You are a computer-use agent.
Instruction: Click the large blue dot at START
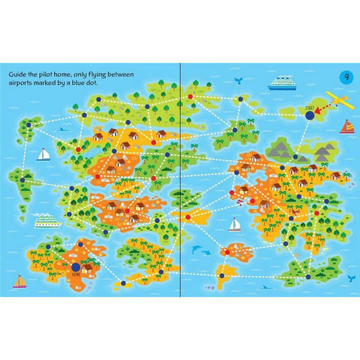[309, 117]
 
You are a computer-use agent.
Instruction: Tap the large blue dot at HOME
[75, 269]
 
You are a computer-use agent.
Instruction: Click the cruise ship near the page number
[282, 84]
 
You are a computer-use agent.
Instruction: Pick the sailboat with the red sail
[346, 126]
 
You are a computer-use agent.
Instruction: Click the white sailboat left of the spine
[43, 155]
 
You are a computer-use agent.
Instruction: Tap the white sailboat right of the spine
[234, 224]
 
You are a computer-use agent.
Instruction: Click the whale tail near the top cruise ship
[241, 80]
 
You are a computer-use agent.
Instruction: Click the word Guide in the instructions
[18, 70]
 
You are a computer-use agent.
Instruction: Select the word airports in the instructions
[24, 80]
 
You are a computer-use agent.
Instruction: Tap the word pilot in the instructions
[64, 70]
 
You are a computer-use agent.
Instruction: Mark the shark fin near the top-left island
[62, 128]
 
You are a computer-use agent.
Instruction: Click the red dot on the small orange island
[226, 252]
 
